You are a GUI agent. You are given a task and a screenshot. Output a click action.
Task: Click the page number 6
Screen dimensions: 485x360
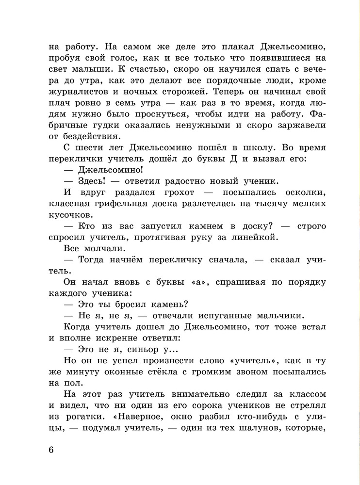click(x=51, y=449)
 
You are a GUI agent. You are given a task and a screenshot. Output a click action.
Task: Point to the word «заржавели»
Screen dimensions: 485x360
click(x=300, y=125)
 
